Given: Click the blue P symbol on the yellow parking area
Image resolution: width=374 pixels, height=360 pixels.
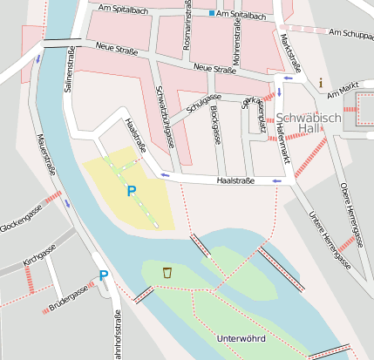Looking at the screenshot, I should [x=132, y=191].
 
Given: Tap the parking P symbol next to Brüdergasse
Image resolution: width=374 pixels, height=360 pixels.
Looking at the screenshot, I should [x=104, y=276].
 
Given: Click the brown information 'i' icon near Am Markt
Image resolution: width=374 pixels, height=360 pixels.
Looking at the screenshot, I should [x=321, y=83].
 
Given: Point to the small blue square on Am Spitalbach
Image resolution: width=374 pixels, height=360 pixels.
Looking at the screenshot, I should [x=211, y=15].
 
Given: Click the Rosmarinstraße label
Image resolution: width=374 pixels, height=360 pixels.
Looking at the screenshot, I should [x=187, y=24].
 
